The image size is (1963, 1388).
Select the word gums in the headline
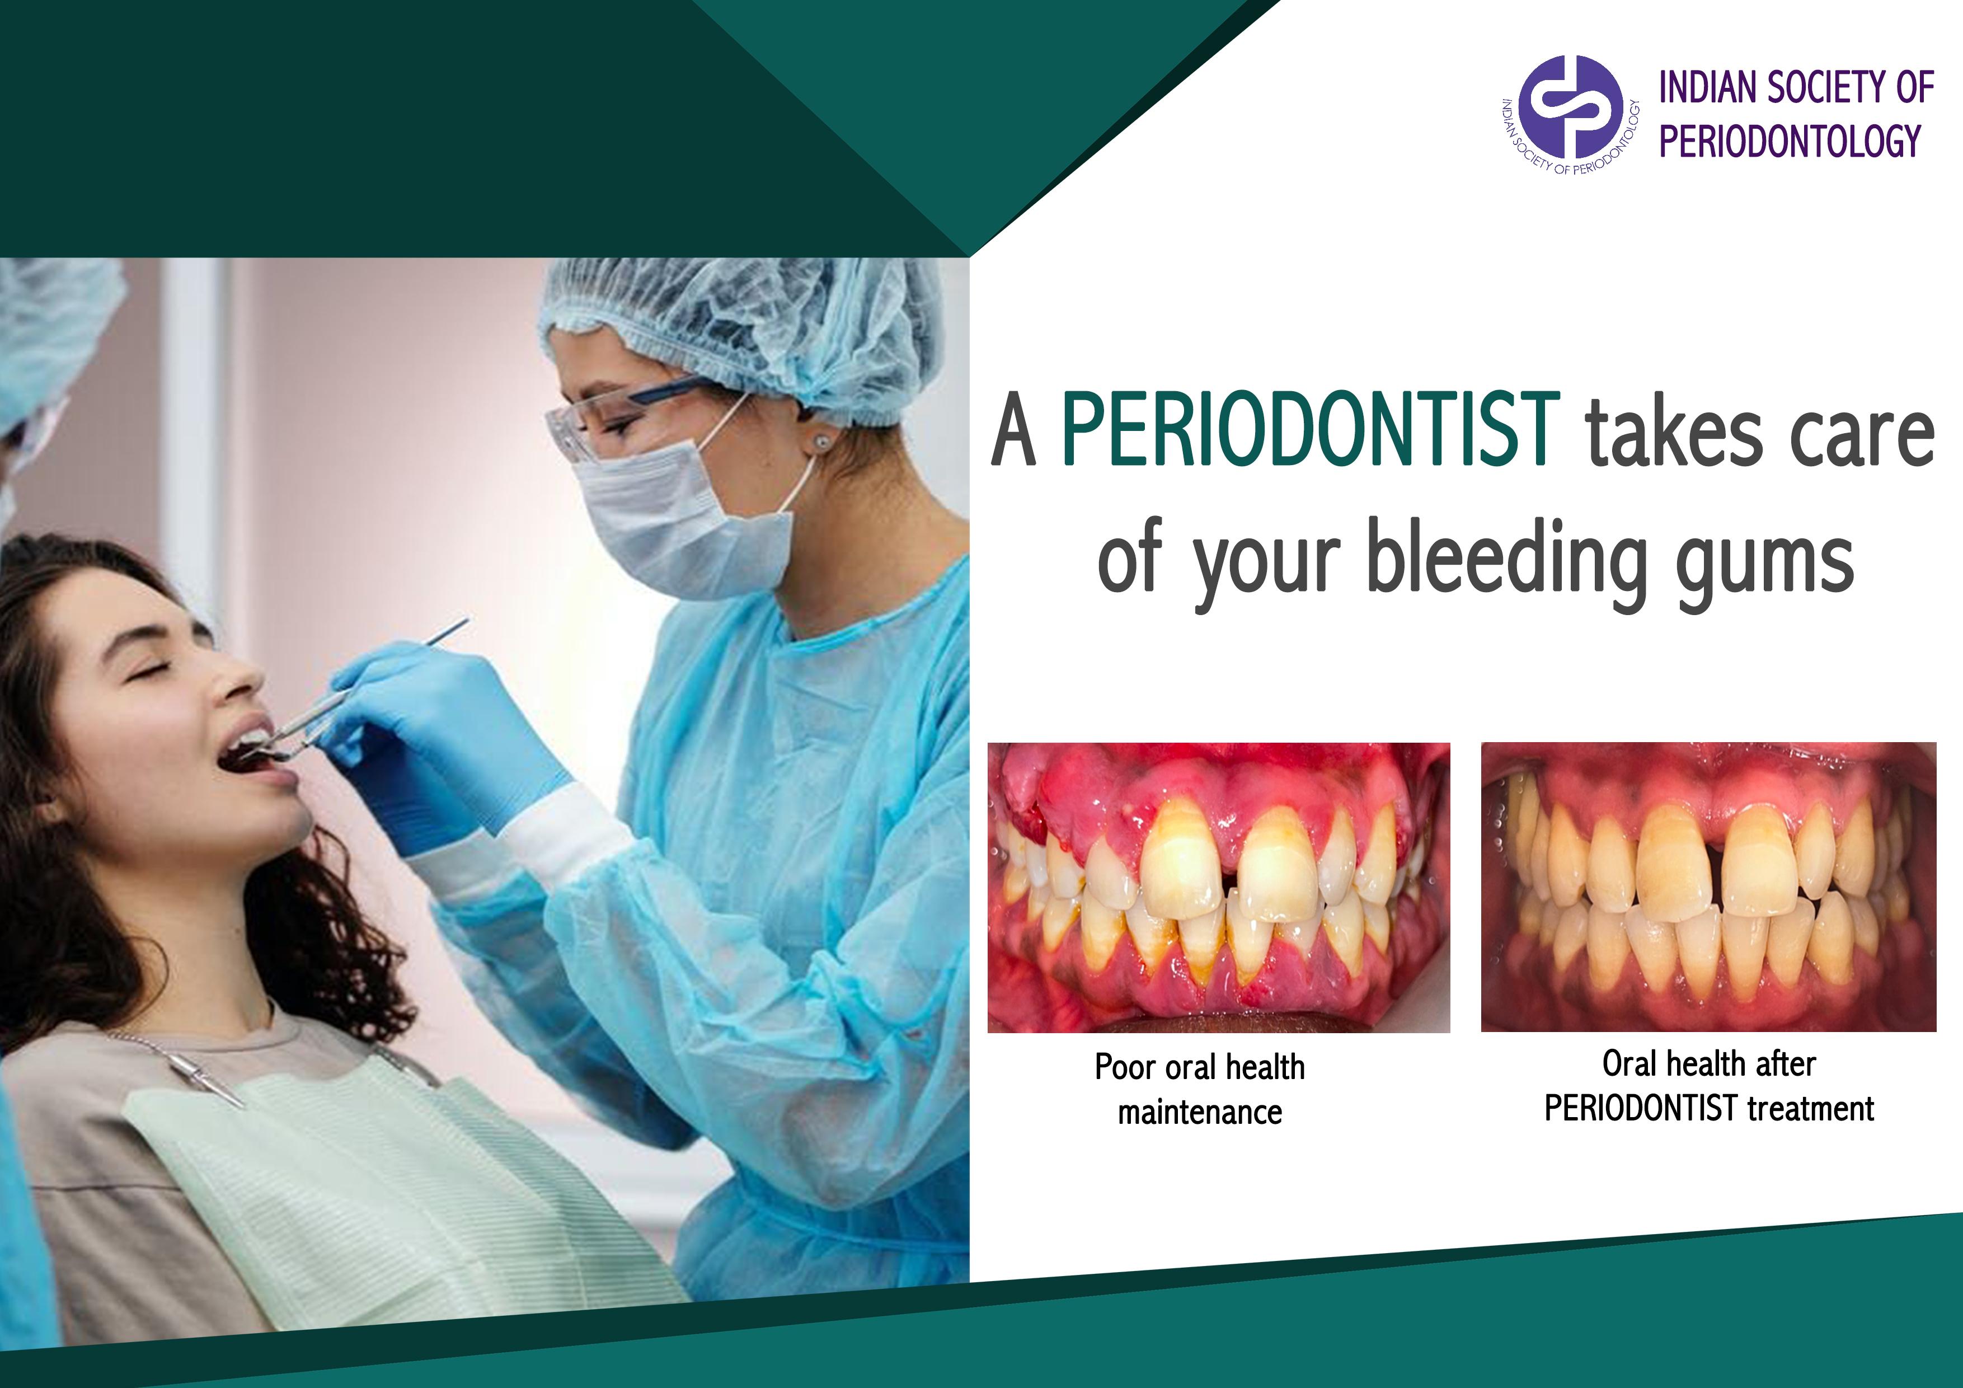[1764, 568]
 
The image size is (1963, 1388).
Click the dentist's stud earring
[821, 442]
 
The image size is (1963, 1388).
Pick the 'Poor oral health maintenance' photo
[1218, 887]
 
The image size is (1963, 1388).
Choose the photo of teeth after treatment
[1708, 887]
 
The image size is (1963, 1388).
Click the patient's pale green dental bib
[385, 1197]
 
